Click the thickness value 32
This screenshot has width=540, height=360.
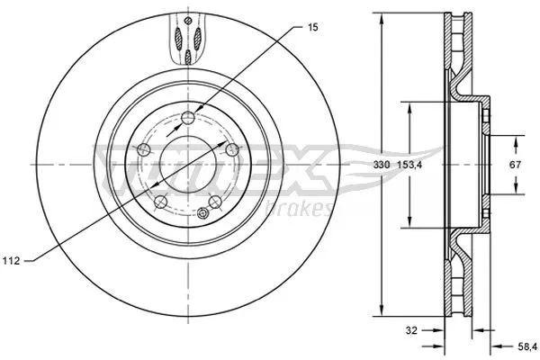[410, 330]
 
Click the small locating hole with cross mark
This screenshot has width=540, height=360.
[203, 213]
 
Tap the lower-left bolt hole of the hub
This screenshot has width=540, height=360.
[158, 202]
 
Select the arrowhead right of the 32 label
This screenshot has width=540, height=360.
[440, 330]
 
